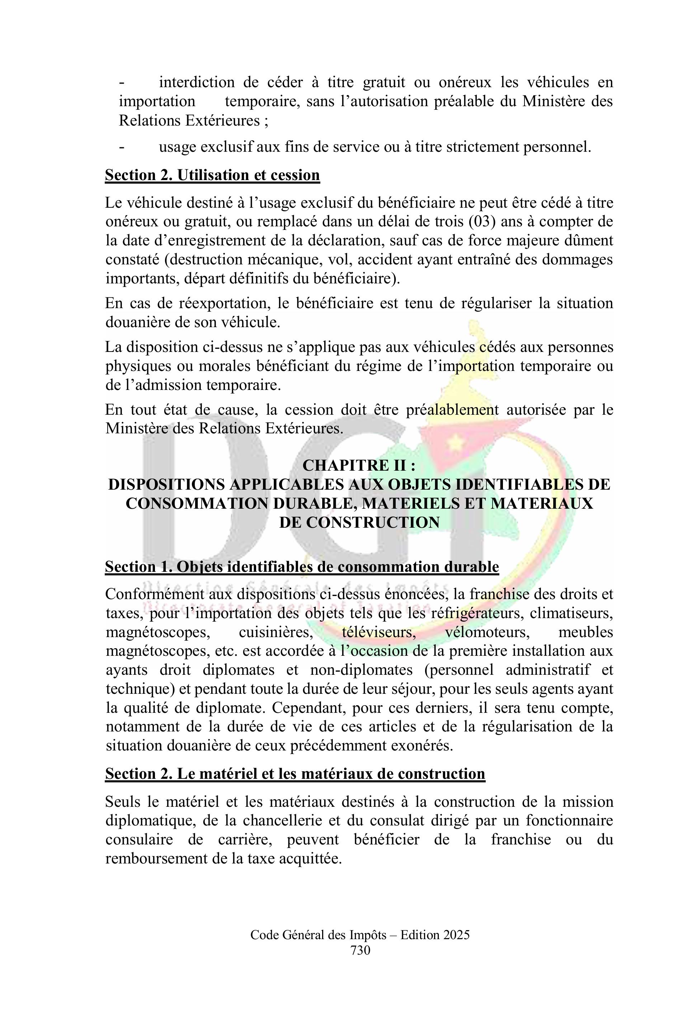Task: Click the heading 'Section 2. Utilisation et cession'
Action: [212, 175]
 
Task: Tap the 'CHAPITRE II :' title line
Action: [359, 466]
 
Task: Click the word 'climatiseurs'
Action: [571, 613]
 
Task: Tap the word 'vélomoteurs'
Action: [487, 632]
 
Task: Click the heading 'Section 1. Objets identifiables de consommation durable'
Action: [302, 567]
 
